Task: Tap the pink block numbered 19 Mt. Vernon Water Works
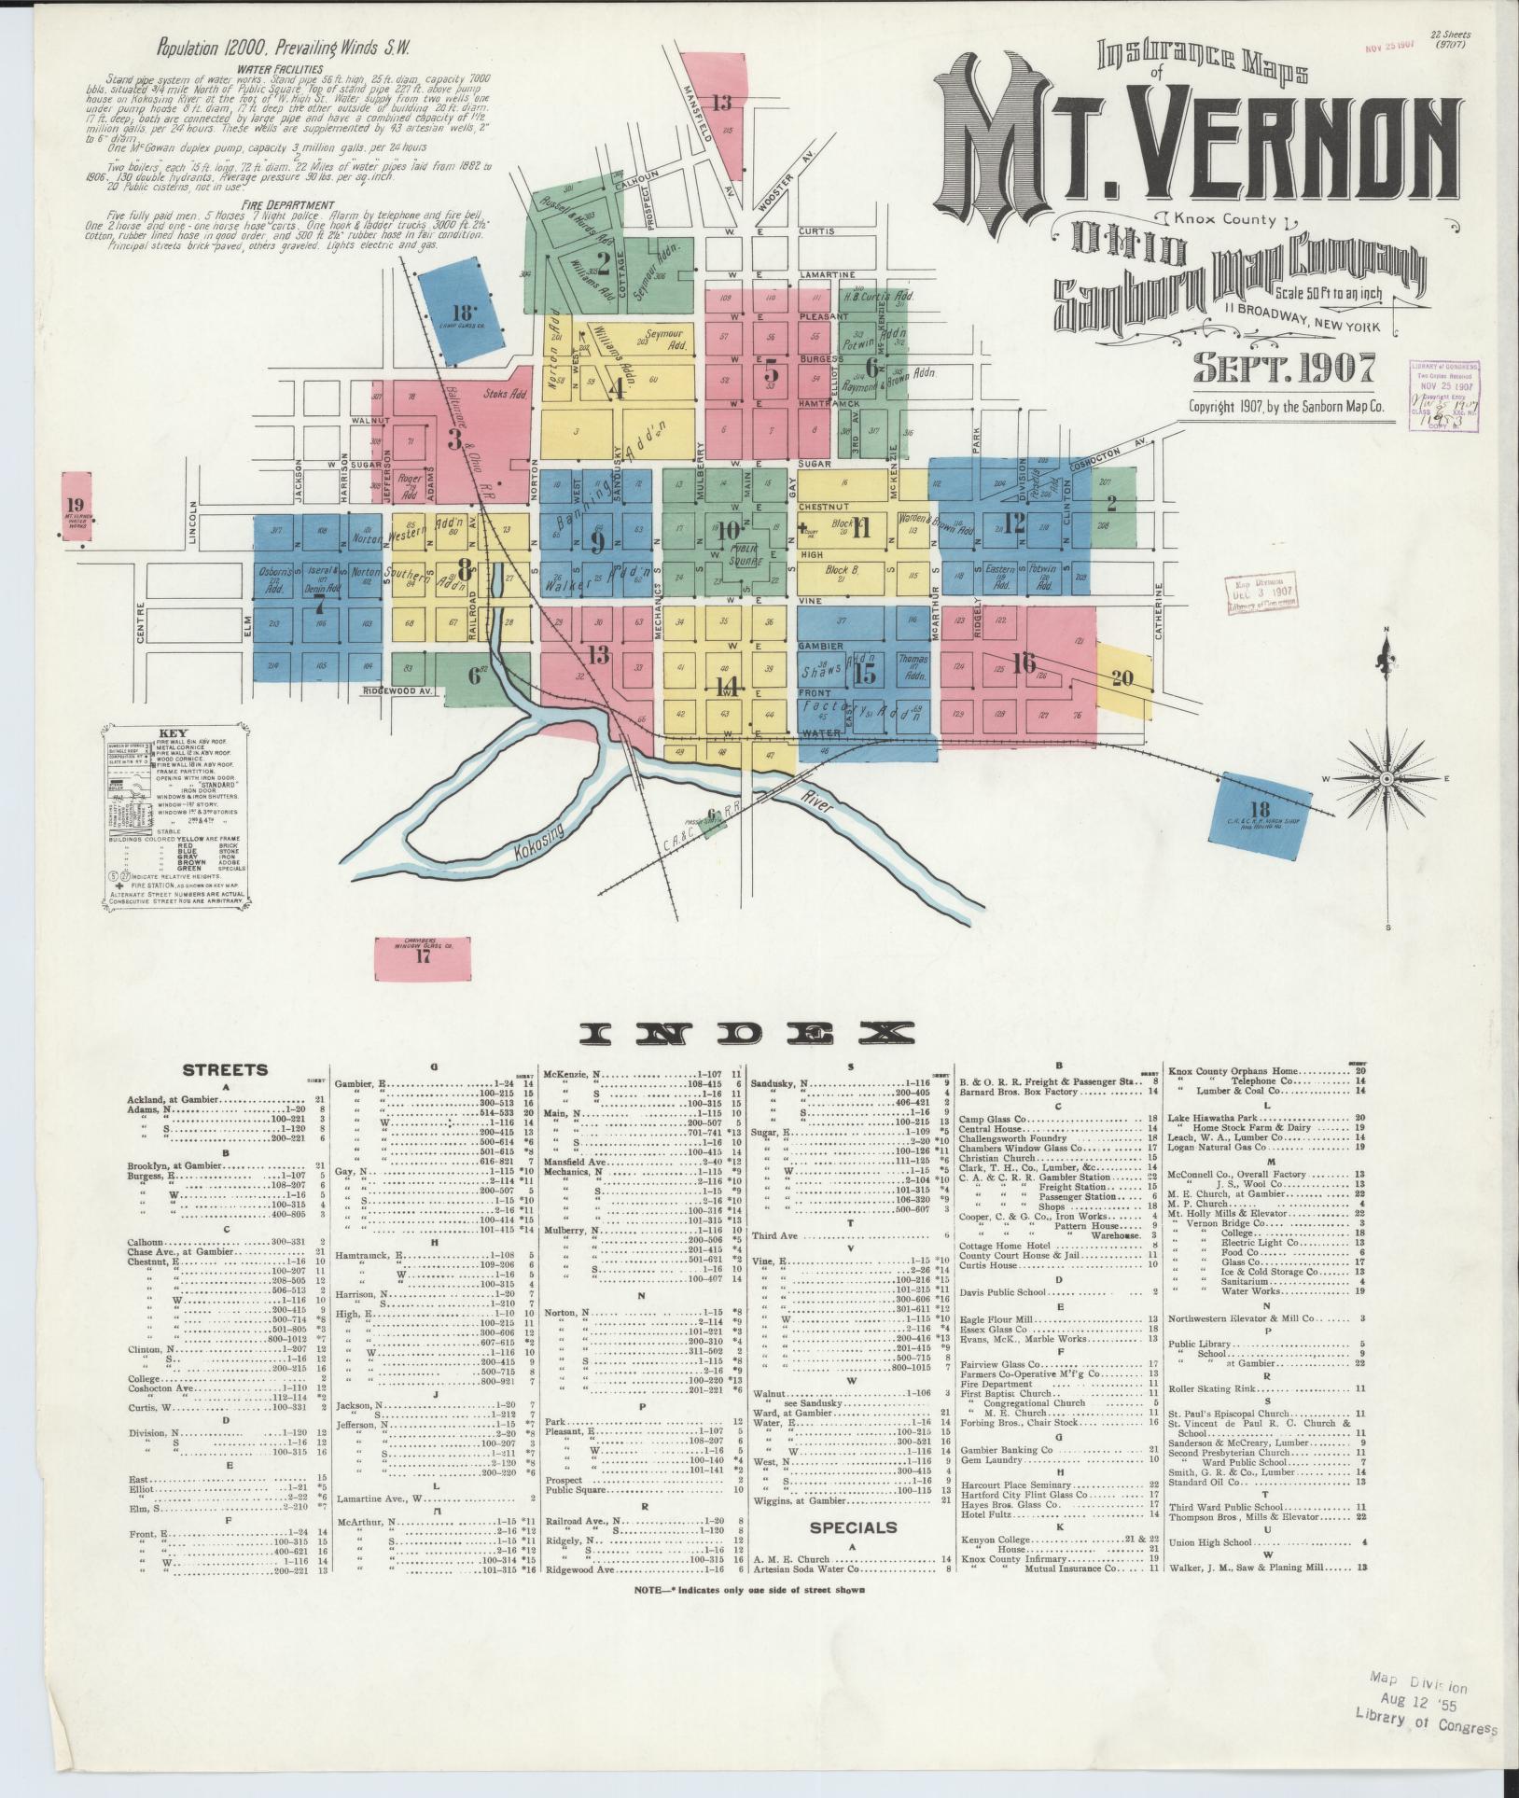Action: [75, 507]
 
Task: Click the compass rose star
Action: [1387, 777]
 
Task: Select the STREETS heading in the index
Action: [225, 1070]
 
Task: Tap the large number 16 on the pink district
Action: [1023, 662]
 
